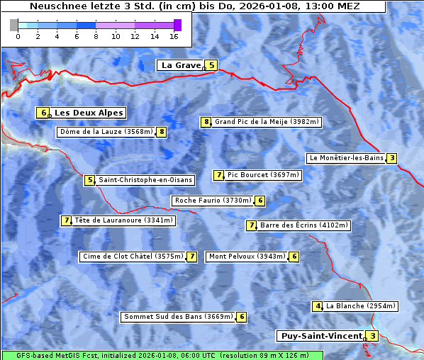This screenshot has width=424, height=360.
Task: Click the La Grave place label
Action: click(181, 65)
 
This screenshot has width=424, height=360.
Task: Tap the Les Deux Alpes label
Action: click(89, 113)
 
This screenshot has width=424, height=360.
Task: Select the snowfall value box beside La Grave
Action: click(211, 65)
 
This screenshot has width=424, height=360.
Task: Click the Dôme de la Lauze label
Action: click(106, 132)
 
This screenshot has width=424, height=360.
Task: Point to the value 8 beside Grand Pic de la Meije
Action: click(206, 122)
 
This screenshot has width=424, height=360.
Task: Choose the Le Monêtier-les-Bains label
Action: click(346, 158)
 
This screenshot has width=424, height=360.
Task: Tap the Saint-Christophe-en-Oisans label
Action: click(145, 180)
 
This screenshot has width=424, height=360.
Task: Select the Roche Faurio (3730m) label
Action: click(213, 201)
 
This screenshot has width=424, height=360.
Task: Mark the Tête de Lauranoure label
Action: click(123, 220)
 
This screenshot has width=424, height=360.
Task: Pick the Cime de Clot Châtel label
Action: click(133, 256)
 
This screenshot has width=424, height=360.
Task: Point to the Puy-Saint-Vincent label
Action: click(321, 336)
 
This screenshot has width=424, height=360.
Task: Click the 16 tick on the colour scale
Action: click(174, 35)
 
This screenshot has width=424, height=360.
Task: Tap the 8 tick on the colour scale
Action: click(96, 35)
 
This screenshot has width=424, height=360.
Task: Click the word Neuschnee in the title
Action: click(54, 6)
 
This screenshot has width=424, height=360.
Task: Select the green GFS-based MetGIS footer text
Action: click(162, 355)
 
